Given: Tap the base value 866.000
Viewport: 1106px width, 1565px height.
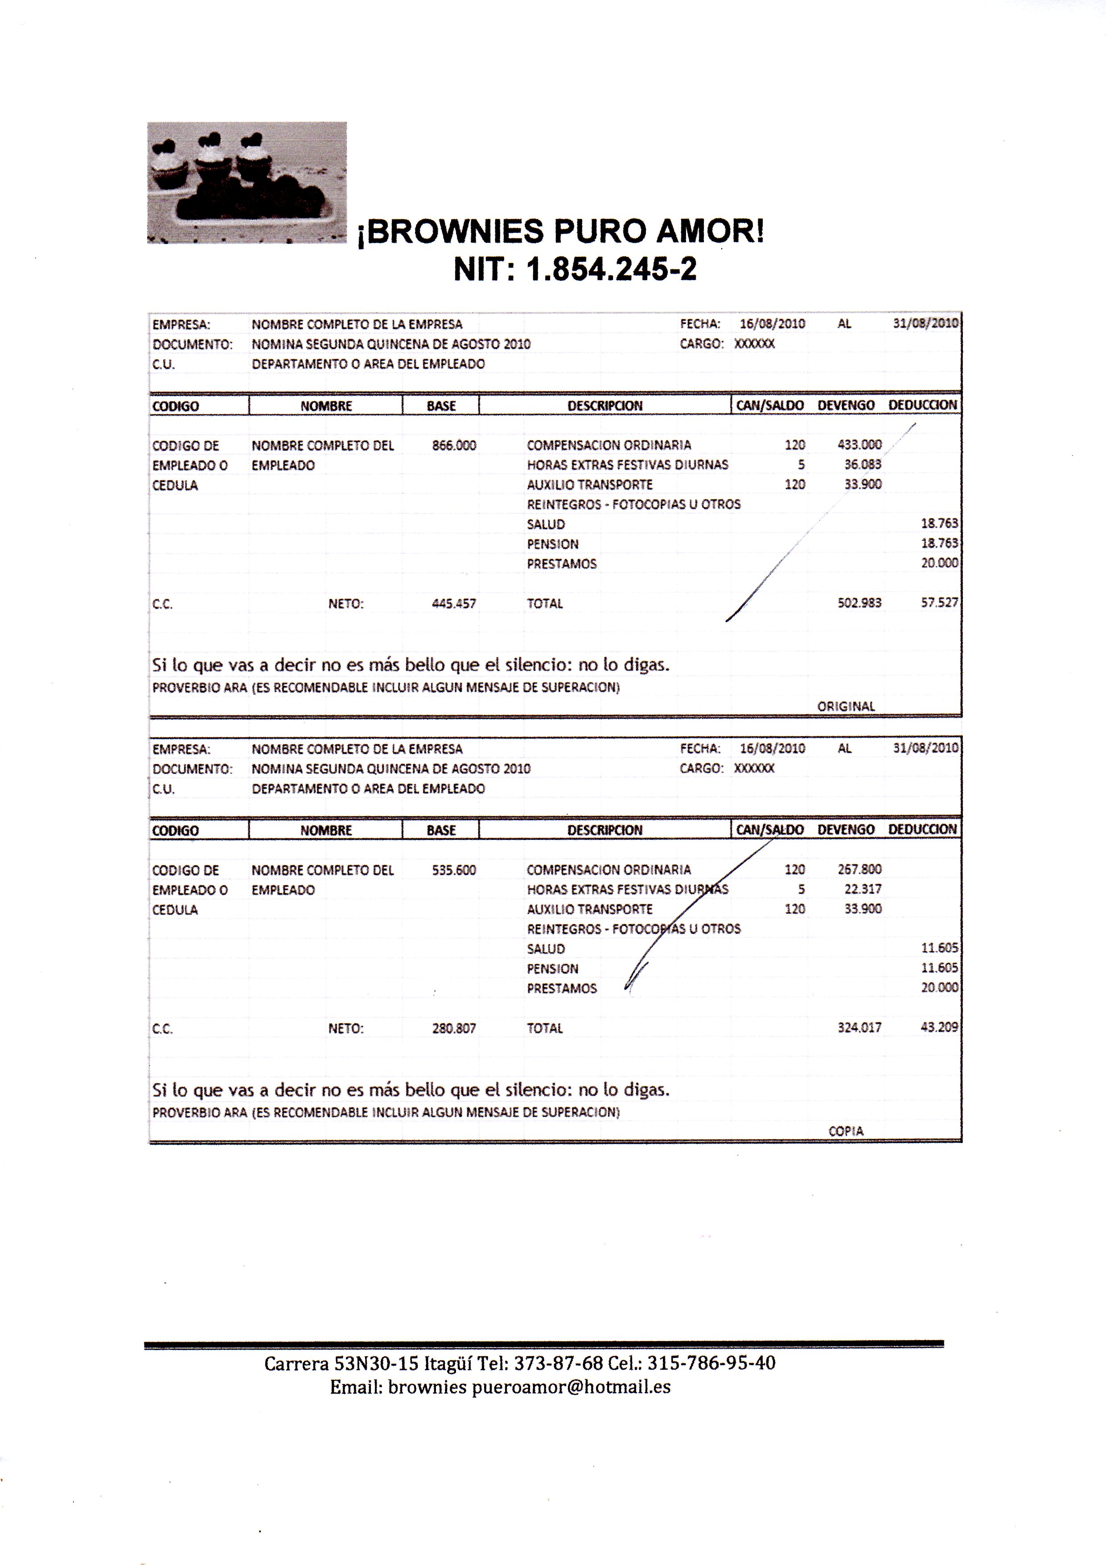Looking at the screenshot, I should tap(454, 445).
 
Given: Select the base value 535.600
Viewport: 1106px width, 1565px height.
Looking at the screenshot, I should tap(454, 870).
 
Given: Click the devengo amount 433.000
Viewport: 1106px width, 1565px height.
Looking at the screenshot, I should tap(859, 444).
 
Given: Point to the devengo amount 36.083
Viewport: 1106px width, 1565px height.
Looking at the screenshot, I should tap(863, 464).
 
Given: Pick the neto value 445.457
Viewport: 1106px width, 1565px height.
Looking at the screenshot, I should tap(454, 603).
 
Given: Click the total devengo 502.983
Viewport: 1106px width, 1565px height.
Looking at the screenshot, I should tap(859, 603).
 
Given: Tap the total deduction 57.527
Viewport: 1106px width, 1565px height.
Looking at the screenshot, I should tap(939, 603).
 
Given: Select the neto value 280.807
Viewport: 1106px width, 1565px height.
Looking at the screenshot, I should tap(454, 1028).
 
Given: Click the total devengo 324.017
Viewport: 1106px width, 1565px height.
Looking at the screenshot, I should tap(859, 1027).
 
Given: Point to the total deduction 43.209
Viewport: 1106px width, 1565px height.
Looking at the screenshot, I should tap(939, 1027).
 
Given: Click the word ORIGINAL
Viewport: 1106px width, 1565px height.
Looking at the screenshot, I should tap(846, 706).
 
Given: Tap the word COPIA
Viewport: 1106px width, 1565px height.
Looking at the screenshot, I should tap(846, 1131).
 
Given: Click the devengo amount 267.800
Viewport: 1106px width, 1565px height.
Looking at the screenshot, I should tap(859, 869).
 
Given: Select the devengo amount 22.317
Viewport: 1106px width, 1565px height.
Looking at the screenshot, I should tap(863, 889).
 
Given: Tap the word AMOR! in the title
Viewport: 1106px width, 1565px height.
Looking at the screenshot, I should tap(710, 231).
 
